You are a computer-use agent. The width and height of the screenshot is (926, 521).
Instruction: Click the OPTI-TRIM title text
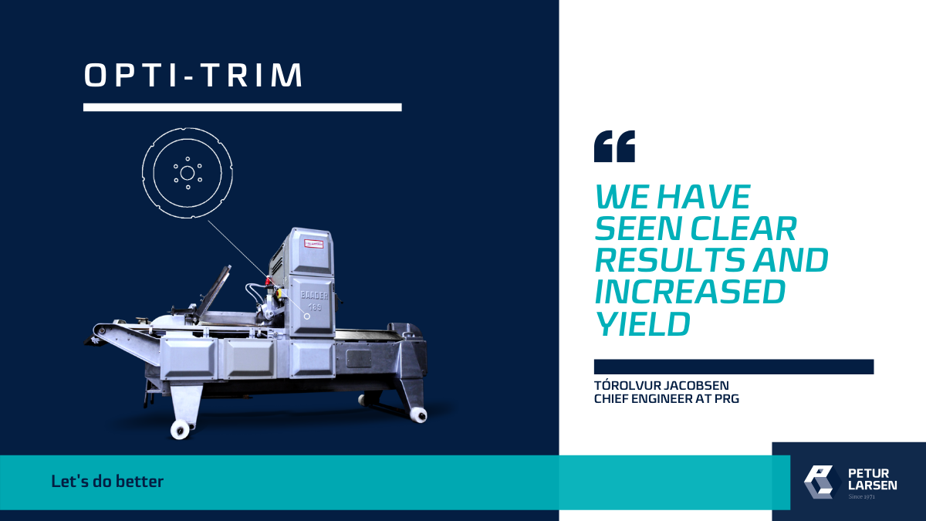(194, 75)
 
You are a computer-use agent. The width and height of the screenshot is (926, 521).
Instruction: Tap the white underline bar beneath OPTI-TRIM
(242, 107)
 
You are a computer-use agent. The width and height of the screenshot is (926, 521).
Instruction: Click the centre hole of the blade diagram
(188, 173)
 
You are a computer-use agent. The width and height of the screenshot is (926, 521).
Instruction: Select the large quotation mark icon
(614, 147)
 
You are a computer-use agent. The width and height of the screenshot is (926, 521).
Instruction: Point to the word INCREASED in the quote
(690, 293)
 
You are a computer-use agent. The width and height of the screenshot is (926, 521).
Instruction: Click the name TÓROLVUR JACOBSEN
(661, 385)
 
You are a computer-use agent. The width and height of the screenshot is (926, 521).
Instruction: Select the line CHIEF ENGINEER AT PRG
(667, 398)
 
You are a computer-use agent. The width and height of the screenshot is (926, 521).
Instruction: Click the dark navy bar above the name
(733, 367)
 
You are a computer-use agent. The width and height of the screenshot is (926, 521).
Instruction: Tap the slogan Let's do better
(107, 482)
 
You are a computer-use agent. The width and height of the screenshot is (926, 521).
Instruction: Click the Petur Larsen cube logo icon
(822, 480)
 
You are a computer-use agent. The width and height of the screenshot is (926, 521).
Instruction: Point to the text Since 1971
(862, 496)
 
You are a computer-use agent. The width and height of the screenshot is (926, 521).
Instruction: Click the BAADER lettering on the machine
(313, 291)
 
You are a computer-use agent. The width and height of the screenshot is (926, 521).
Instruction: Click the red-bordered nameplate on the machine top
(314, 242)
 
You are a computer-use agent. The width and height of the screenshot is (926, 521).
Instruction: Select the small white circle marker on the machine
(307, 316)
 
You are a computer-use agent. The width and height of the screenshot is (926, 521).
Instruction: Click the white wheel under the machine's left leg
(181, 430)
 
